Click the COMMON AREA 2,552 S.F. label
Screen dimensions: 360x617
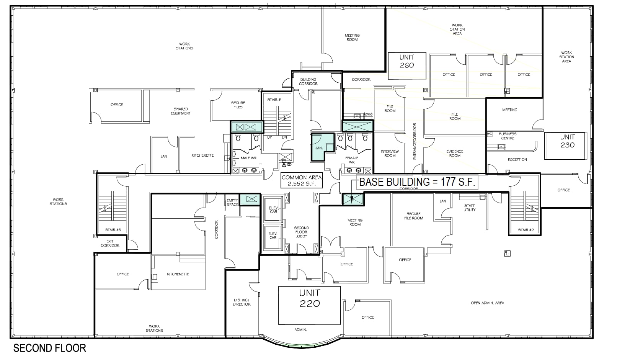(x=302, y=180)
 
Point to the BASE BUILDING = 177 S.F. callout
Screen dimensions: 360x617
(x=417, y=182)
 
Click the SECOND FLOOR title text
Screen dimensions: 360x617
(x=50, y=348)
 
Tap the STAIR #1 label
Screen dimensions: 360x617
(x=274, y=100)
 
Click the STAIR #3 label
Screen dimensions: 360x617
(x=113, y=230)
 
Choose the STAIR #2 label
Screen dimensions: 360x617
(x=526, y=230)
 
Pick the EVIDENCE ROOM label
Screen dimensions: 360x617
(x=455, y=153)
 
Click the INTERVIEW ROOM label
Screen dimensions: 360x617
(x=390, y=153)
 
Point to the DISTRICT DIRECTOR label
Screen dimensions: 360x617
(x=242, y=302)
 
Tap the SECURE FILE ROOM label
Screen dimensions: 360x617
(x=413, y=216)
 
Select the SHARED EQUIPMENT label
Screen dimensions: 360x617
(x=181, y=111)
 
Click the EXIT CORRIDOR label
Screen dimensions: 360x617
(x=110, y=243)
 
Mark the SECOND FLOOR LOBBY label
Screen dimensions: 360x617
(x=301, y=232)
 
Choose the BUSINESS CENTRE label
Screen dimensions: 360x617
(x=508, y=136)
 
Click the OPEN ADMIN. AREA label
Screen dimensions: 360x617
(x=487, y=303)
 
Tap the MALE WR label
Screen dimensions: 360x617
(x=248, y=158)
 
